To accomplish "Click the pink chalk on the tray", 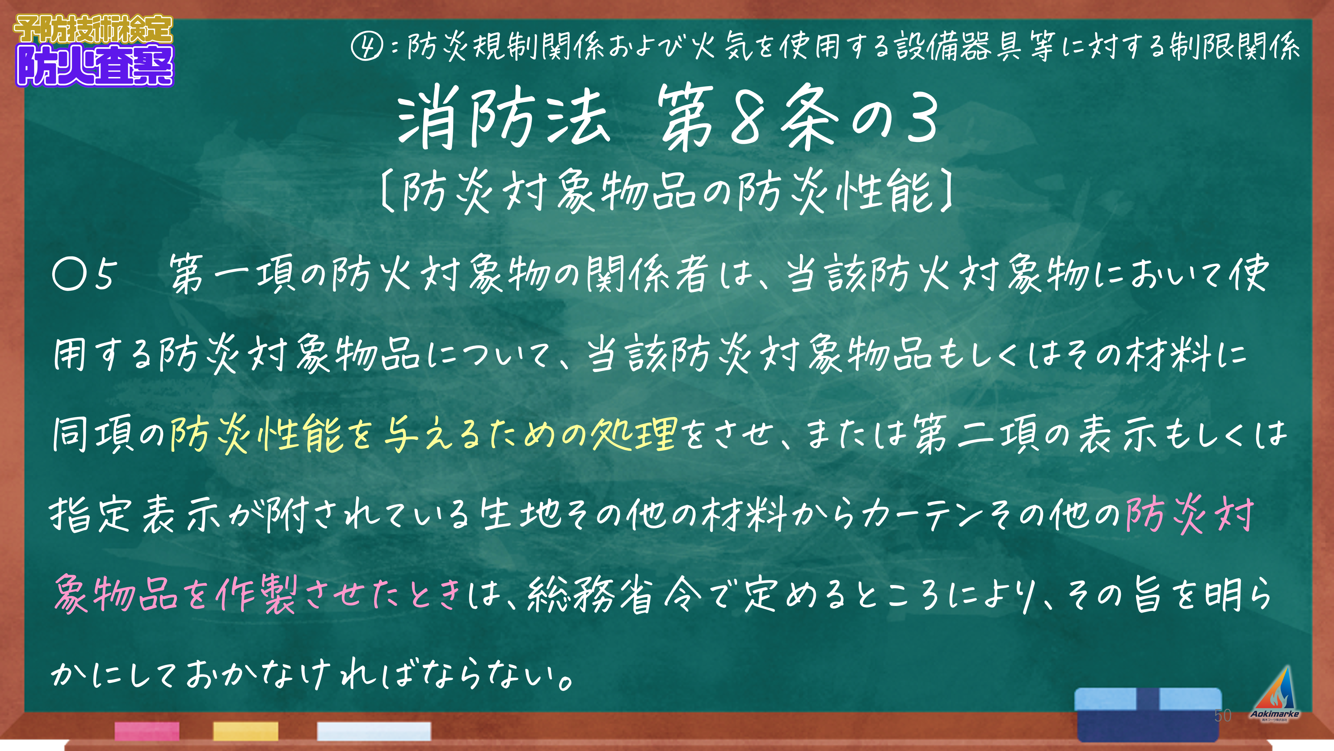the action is pos(147,731).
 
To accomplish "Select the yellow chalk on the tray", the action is pos(246,731).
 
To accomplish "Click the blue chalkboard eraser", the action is pos(1148,714).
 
